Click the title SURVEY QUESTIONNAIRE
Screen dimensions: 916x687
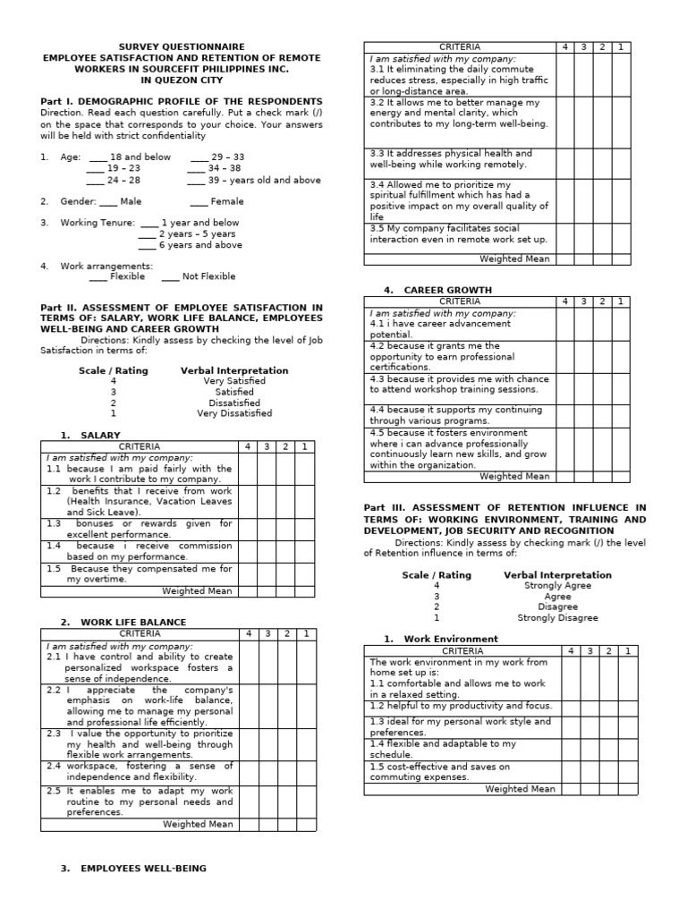tap(182, 47)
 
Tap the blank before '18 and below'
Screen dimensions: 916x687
tap(97, 157)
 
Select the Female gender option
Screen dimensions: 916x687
tap(197, 201)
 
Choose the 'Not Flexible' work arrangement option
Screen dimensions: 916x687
tap(171, 276)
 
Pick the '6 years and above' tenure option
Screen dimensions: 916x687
tap(148, 245)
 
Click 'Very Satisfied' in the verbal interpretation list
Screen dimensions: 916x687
tap(234, 381)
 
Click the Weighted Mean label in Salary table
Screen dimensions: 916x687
tap(198, 591)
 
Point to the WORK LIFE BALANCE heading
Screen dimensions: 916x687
tap(133, 622)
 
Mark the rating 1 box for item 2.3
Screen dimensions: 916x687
tap(305, 744)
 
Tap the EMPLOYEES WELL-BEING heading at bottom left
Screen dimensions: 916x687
tap(143, 868)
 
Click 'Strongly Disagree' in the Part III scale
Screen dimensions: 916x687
tap(557, 618)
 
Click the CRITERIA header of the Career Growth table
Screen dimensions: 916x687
tap(460, 301)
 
